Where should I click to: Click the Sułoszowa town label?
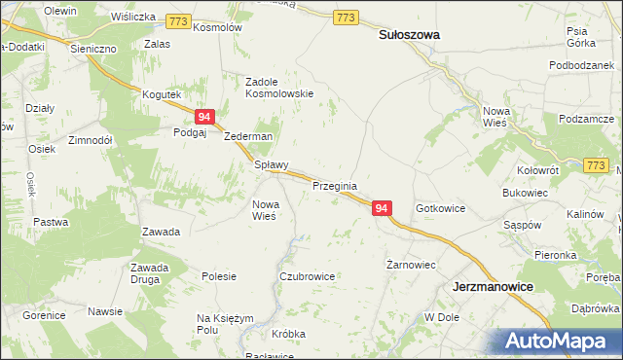tap(408, 34)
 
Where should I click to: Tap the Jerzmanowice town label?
tap(496, 288)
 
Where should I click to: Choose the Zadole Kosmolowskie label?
tap(278, 88)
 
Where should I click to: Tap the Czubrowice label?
tap(307, 276)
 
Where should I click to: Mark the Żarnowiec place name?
tap(409, 265)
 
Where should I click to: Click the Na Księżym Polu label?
tap(225, 324)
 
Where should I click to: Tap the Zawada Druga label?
tap(150, 273)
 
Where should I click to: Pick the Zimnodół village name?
tap(91, 140)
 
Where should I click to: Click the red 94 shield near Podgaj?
tap(203, 117)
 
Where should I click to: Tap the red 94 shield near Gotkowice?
tap(382, 209)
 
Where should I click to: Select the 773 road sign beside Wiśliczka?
tap(177, 19)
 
